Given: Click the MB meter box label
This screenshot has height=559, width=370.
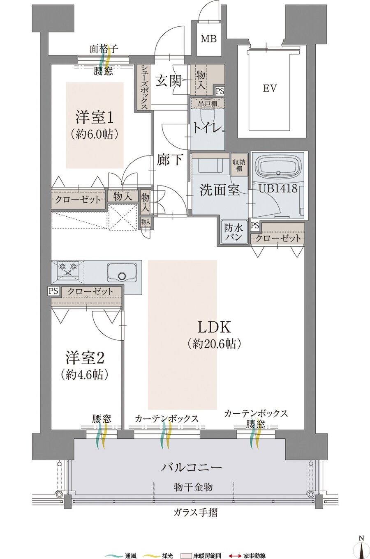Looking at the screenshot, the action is point(209,39).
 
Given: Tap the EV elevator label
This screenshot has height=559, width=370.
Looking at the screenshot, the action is point(270,88).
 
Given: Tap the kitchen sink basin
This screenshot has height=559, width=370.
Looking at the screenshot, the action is point(122,272).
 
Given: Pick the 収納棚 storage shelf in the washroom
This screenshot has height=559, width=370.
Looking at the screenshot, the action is point(239,166).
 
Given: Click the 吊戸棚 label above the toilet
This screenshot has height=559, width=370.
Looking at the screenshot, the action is point(208,103).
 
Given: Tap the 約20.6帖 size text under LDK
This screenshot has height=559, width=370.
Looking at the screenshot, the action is point(214,344).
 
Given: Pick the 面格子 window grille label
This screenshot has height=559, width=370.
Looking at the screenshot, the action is point(104,49).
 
